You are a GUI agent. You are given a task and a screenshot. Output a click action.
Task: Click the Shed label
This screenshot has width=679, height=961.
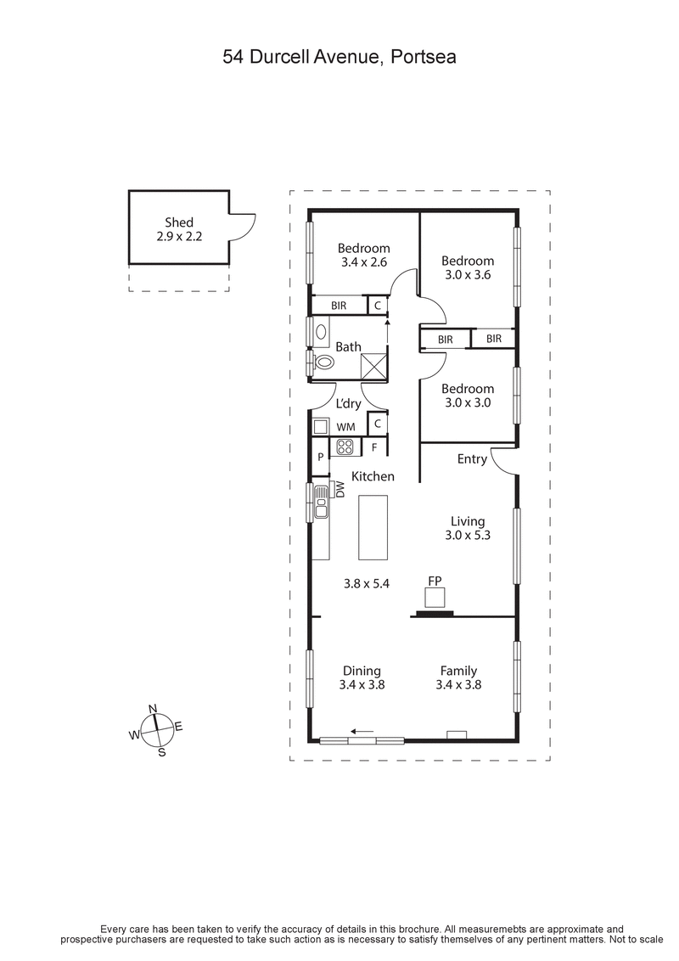[179, 222]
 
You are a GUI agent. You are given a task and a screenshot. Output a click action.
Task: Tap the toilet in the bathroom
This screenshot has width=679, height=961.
[323, 362]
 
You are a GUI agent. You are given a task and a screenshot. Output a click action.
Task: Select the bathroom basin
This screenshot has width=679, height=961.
[321, 332]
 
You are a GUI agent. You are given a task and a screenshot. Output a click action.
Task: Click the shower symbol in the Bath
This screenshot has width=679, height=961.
[373, 365]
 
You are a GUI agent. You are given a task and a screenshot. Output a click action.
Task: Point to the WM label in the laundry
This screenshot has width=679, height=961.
[346, 425]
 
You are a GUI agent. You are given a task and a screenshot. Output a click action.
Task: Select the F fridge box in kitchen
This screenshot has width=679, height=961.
[374, 447]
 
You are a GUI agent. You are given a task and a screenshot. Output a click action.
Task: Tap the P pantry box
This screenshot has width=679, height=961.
[320, 457]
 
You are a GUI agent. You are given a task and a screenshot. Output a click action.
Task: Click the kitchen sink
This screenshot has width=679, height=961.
[321, 502]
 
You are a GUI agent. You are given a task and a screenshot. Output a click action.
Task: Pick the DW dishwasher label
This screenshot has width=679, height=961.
[339, 489]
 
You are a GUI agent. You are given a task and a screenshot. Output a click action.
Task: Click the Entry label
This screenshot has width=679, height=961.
[472, 459]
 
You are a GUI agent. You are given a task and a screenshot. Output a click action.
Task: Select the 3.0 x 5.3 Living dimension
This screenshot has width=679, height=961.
[468, 536]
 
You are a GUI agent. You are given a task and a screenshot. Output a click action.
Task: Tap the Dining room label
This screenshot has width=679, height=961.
[362, 671]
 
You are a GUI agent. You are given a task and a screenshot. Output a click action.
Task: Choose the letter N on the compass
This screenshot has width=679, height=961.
[154, 709]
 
